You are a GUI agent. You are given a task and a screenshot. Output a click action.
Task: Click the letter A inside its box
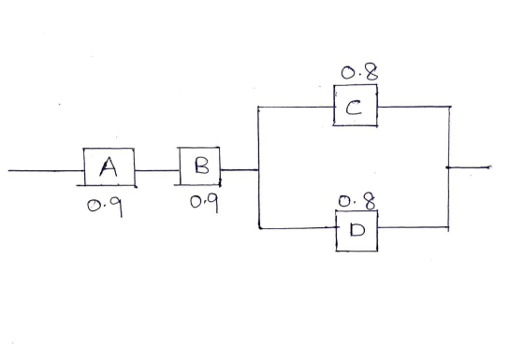pos(109,166)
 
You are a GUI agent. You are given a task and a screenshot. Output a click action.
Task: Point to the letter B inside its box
pos(202,166)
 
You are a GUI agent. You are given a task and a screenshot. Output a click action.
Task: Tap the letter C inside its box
pos(354,108)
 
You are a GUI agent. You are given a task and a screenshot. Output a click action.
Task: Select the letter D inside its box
pos(357,229)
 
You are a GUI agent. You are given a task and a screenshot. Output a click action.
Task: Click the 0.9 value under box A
pos(105,207)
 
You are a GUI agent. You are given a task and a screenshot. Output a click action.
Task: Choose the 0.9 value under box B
pos(205,202)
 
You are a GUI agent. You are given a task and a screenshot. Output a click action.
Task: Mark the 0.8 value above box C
pos(359,72)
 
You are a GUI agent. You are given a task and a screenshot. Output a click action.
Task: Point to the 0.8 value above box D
pos(357,201)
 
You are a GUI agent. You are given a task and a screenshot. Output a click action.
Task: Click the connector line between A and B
pos(157,170)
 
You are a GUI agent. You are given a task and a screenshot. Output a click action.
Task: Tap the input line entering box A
pos(46,170)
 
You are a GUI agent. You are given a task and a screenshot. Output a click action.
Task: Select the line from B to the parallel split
pos(240,170)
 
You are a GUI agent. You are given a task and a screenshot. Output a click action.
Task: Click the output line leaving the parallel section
pos(469,167)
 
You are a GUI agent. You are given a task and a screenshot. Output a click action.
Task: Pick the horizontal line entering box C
pos(296,108)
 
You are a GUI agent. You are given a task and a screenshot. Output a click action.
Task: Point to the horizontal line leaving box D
pos(414,227)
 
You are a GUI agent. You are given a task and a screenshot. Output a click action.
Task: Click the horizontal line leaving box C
pos(415,107)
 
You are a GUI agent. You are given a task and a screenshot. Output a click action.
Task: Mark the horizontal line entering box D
pos(298,228)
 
